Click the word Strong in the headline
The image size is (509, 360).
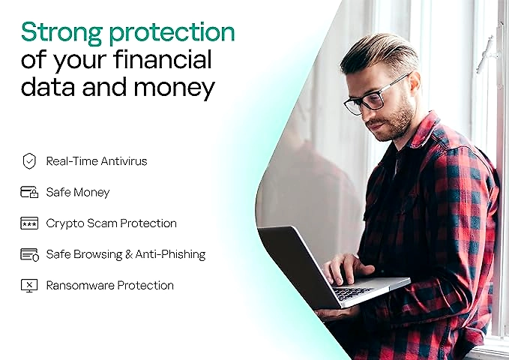coord(62,33)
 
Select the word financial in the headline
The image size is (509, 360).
coord(163,59)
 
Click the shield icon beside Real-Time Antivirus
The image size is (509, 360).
coord(29,160)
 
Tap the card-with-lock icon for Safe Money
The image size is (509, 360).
coord(29,192)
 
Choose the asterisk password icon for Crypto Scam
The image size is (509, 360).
coord(29,223)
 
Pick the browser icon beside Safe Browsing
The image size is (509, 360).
coord(29,254)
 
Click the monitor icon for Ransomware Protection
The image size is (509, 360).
coord(29,286)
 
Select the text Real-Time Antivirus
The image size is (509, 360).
coord(97,161)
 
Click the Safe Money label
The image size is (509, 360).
coord(78,192)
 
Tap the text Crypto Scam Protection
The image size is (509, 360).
coord(112,223)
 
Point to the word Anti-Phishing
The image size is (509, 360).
coord(170,254)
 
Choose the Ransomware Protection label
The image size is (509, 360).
coord(110,286)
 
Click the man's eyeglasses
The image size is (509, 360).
coord(373,97)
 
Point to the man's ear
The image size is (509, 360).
coord(415,85)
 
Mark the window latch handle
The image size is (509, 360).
coord(486,53)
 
